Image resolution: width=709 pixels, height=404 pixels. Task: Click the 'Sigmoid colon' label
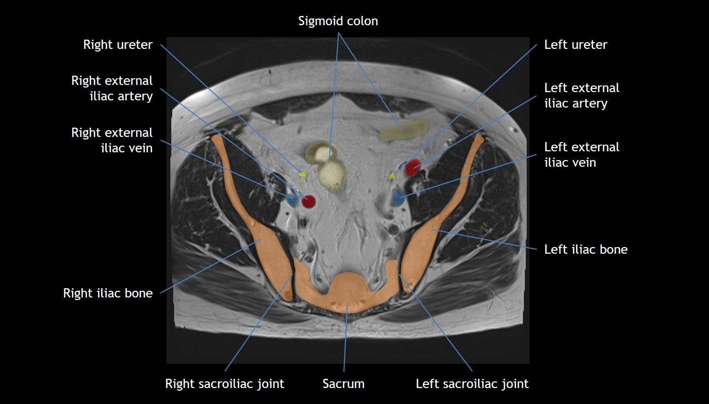(x=338, y=21)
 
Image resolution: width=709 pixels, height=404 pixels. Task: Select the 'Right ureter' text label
(x=118, y=45)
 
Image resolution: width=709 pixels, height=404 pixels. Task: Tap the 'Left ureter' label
(x=575, y=45)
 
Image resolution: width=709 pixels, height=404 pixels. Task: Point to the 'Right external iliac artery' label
(x=112, y=89)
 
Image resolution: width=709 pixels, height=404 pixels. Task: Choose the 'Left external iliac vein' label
(x=582, y=154)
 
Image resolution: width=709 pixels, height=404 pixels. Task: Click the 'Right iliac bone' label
(x=108, y=293)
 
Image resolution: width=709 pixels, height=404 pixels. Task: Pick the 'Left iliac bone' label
(x=586, y=250)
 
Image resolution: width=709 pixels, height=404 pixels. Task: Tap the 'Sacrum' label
(x=343, y=384)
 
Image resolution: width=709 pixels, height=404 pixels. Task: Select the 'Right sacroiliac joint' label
(x=224, y=384)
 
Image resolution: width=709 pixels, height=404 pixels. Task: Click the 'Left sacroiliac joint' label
(x=472, y=384)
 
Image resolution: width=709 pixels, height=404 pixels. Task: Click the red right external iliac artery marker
(x=308, y=201)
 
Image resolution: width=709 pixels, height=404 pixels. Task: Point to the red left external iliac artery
(x=413, y=167)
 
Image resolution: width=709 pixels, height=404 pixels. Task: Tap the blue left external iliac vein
(x=398, y=198)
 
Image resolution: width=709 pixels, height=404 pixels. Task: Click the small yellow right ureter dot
(x=303, y=175)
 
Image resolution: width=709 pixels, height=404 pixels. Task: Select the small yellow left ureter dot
(x=392, y=176)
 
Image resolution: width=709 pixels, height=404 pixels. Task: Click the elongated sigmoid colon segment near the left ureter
(x=404, y=131)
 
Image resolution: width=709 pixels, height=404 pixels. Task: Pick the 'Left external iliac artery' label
(x=582, y=96)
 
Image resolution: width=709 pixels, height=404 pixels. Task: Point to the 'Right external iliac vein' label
(x=112, y=140)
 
